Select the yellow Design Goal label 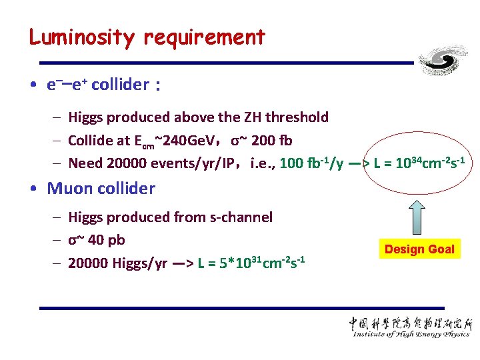[x=419, y=249]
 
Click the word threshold [x=297, y=117]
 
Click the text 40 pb [x=106, y=240]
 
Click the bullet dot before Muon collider [x=33, y=189]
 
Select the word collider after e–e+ [x=119, y=85]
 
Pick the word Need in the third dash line [x=85, y=163]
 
